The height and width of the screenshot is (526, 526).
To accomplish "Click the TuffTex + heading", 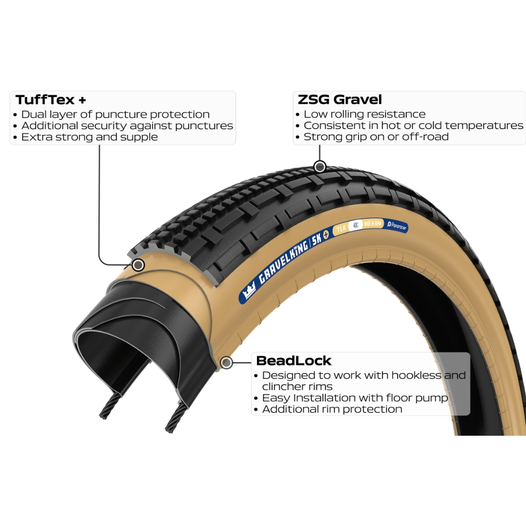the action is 51,100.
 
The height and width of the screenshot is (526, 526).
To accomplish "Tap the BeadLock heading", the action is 294,361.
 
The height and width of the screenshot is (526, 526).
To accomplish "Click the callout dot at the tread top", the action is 320,167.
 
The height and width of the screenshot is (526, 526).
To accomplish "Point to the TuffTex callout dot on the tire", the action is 138,265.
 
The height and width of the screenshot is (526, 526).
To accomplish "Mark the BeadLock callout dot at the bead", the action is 227,363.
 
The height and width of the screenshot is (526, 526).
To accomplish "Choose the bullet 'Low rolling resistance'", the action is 364,115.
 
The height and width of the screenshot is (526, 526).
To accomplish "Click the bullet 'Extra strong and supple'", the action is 89,137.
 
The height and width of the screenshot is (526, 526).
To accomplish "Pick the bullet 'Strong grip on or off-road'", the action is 376,137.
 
